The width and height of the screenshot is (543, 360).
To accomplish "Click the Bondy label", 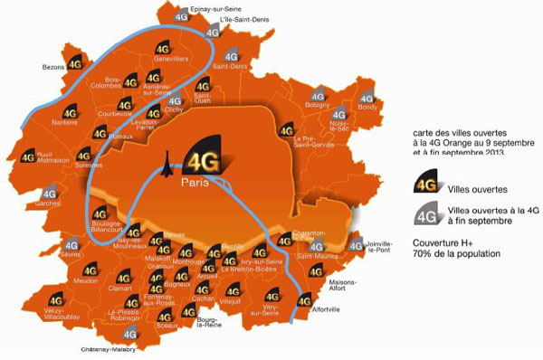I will pyautogui.click(x=368, y=108).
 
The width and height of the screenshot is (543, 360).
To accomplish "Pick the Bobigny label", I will pyautogui.click(x=318, y=106).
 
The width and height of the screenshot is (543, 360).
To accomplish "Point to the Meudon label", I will pyautogui.click(x=87, y=281).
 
